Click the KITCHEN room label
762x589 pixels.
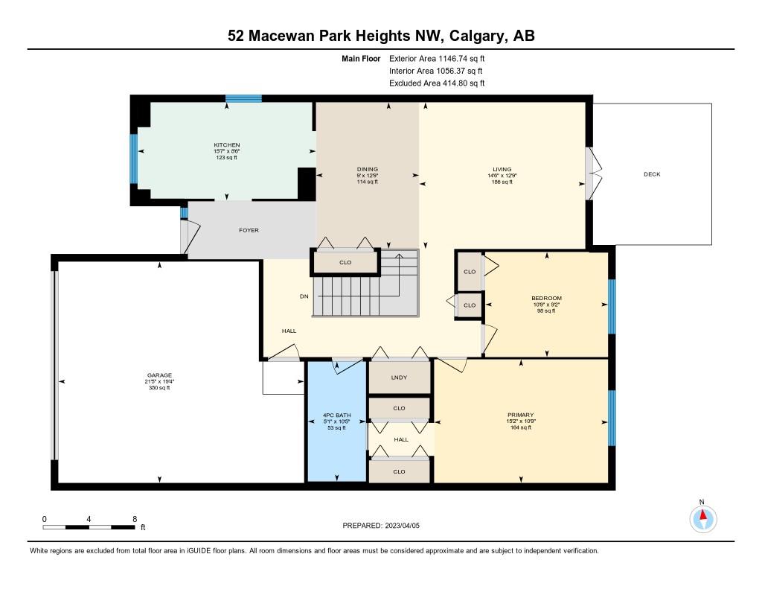tap(226, 144)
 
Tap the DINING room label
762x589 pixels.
tap(367, 169)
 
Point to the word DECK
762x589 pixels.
tap(652, 174)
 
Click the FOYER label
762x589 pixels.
tap(249, 230)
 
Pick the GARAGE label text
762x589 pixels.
tap(159, 375)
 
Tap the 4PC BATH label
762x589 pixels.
tap(337, 415)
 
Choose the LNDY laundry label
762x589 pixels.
tap(399, 378)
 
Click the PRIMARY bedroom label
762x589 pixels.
tap(521, 415)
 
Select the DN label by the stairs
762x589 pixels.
tap(304, 296)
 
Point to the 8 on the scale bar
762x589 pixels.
tap(134, 519)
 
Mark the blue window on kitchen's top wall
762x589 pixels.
tap(243, 98)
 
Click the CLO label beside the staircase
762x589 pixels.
tap(345, 262)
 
